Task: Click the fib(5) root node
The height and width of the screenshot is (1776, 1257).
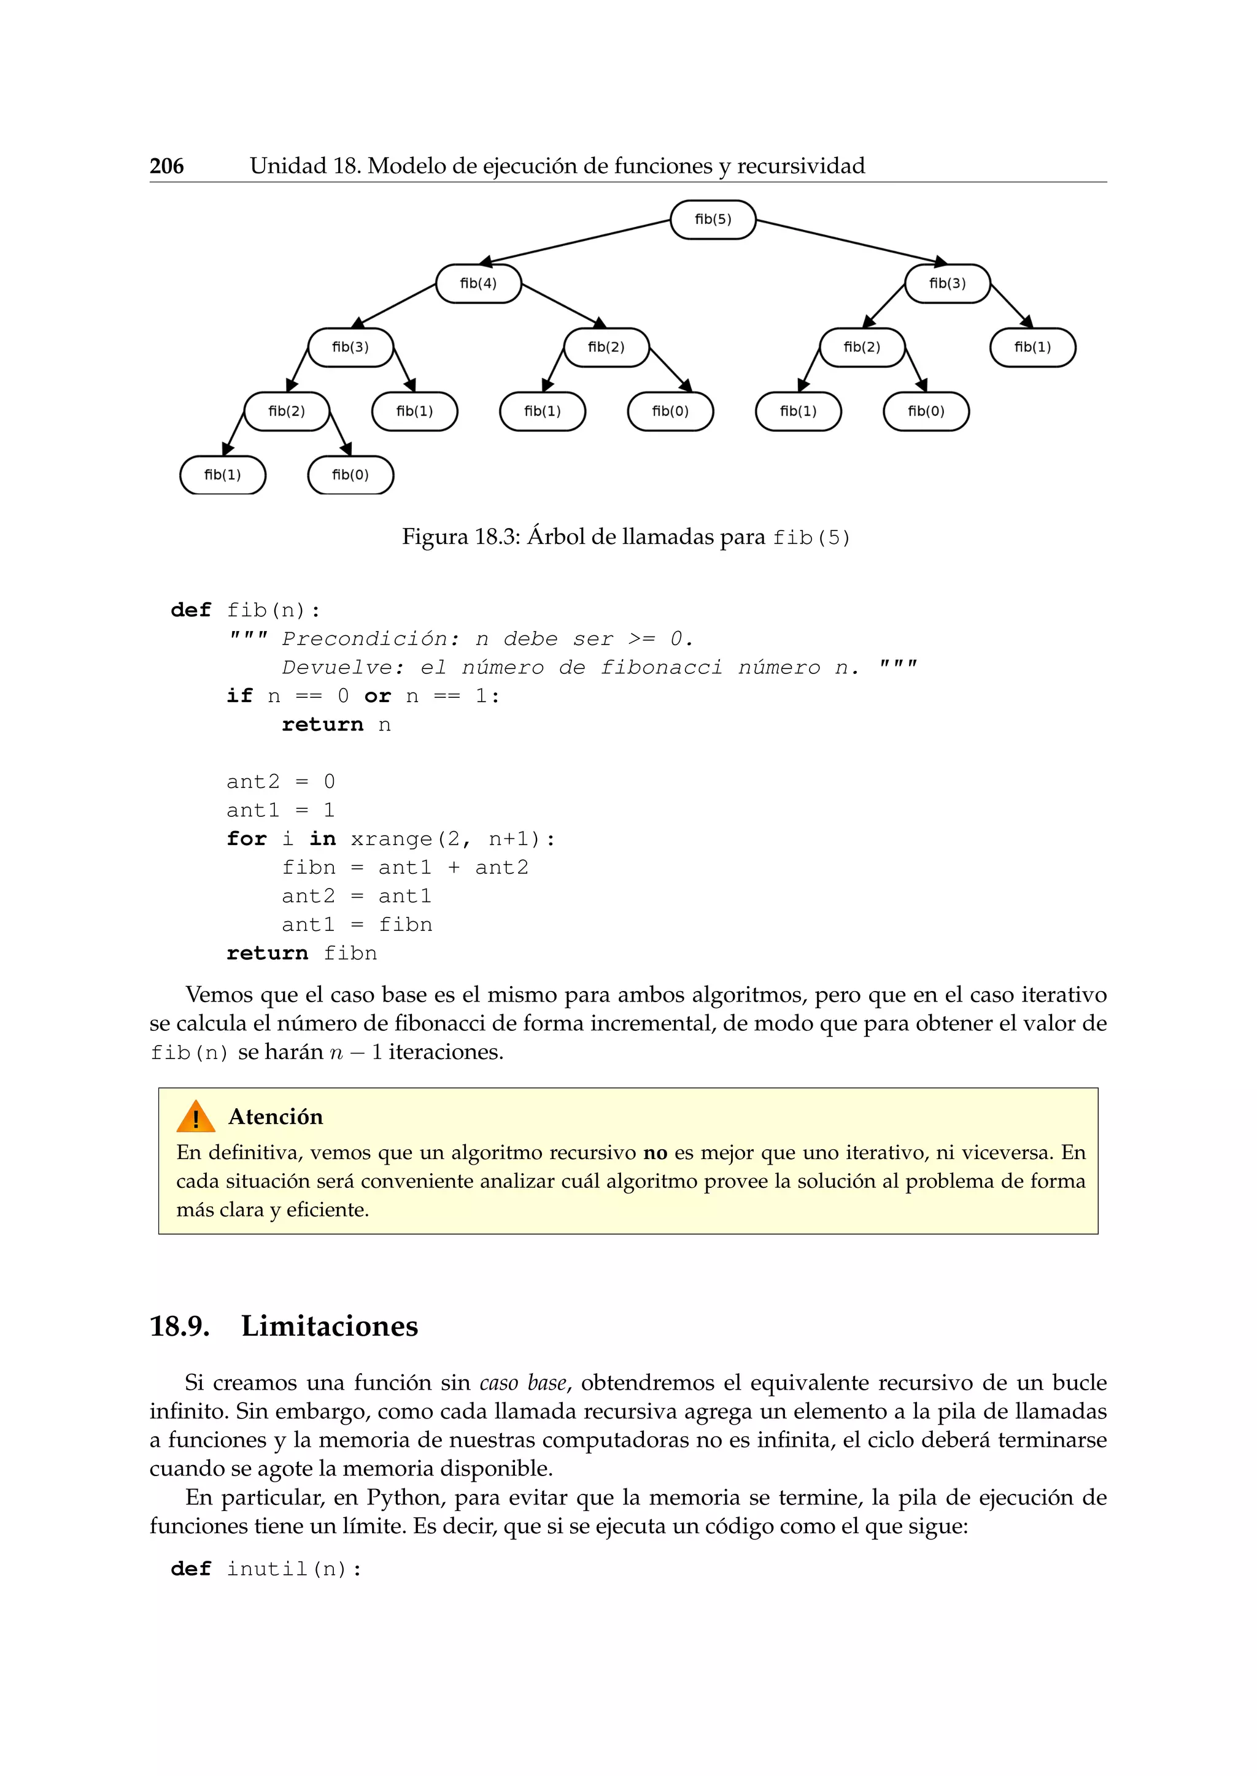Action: pos(712,220)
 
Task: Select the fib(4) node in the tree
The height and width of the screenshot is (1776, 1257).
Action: pos(478,284)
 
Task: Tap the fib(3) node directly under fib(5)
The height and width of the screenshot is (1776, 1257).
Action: pos(948,284)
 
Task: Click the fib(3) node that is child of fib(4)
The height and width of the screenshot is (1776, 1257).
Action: pos(350,347)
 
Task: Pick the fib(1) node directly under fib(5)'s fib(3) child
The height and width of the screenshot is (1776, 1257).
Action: pos(1032,347)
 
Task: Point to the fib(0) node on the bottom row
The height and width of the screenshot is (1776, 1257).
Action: pos(350,475)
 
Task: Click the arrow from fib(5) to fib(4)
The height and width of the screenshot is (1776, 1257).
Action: pos(577,242)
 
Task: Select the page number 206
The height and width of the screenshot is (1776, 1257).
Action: pos(166,166)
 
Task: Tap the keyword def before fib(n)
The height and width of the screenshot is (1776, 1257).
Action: pos(190,610)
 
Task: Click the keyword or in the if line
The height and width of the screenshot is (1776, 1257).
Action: pos(377,696)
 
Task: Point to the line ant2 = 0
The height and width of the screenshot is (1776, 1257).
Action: pos(280,782)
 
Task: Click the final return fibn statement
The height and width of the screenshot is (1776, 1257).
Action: pos(302,953)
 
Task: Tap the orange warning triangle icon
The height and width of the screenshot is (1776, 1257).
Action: pos(195,1117)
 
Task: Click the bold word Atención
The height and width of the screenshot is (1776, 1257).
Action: pos(276,1117)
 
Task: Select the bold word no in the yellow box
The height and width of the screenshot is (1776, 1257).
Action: pos(655,1154)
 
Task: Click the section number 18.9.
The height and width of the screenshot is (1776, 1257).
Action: pos(180,1326)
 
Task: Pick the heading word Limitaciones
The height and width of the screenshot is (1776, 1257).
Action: pos(329,1326)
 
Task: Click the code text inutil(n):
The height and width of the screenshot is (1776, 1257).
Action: pos(294,1569)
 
